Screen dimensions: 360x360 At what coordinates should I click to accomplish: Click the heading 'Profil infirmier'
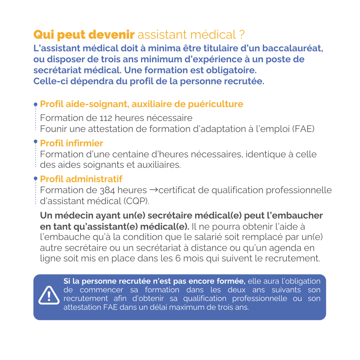pyautogui.click(x=72, y=143)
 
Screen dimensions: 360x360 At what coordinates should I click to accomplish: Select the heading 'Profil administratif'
pyautogui.click(x=81, y=179)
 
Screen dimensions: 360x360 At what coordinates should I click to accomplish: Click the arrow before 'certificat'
pyautogui.click(x=153, y=190)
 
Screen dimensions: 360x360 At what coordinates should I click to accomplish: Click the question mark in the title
pyautogui.click(x=242, y=35)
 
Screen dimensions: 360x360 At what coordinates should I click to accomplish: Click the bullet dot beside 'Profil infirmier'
pyautogui.click(x=36, y=142)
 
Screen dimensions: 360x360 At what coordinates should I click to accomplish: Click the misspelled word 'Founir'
pyautogui.click(x=52, y=129)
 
